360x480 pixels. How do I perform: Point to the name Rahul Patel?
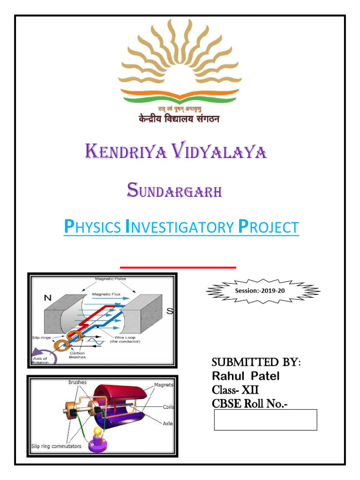tap(246, 376)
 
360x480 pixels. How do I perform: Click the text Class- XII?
tap(235, 390)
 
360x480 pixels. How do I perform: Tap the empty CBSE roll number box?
tap(265, 420)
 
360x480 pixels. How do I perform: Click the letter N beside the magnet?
tap(48, 298)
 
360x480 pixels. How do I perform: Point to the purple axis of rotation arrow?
tap(44, 356)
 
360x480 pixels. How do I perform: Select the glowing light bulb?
tap(98, 432)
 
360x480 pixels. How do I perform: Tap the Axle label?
tap(167, 423)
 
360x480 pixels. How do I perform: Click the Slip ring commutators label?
tap(56, 446)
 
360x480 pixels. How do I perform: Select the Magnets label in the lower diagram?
tap(164, 385)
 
